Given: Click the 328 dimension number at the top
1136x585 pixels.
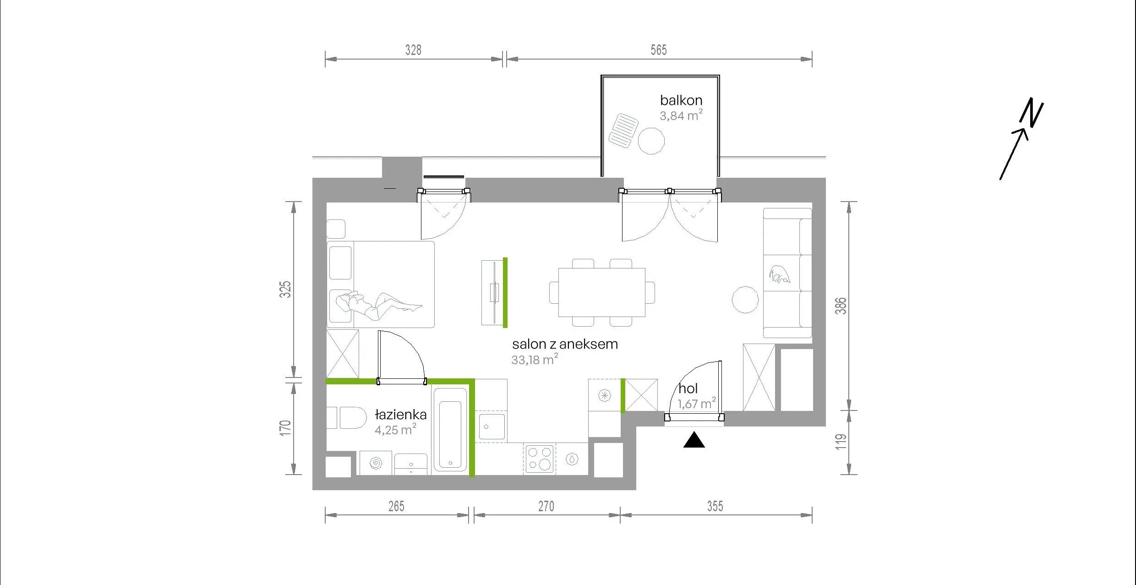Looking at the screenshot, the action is point(413,50).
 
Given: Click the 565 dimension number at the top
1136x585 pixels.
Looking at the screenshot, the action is point(659,50).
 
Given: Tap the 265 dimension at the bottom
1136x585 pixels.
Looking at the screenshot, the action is point(396,506).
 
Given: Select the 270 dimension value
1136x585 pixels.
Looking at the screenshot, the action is point(546,506).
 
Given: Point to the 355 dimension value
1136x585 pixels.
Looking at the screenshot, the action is point(715,506).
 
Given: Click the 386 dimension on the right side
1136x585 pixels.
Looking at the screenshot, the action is point(841,306).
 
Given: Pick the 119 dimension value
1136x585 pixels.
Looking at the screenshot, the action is point(841,442).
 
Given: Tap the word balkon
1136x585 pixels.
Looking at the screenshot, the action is point(681,100).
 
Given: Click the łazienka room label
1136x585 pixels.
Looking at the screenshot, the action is point(401,415).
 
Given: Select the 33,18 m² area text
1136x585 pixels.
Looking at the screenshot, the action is point(535,359).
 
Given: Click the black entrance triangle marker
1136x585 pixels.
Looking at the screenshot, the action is point(694,440).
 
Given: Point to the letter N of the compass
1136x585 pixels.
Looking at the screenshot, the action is point(1032,112).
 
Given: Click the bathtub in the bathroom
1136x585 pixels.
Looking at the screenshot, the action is point(450,429).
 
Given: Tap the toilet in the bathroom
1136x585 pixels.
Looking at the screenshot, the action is point(347,417).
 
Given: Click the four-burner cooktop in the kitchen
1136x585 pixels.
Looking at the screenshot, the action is point(539,459).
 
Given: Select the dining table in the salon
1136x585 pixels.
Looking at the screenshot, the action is point(602,292).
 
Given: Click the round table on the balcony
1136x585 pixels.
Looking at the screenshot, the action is point(651,141).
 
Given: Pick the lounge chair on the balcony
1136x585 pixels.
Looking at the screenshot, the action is point(623,131).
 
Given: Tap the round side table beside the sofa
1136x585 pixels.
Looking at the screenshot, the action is point(745,300).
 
